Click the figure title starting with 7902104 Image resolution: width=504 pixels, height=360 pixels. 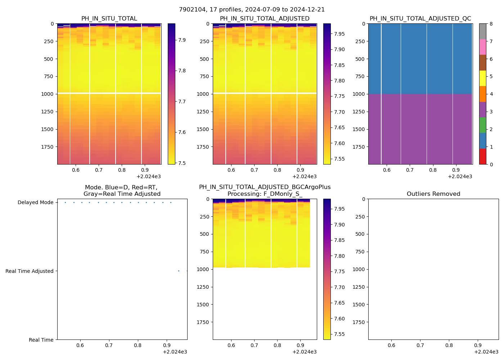252,10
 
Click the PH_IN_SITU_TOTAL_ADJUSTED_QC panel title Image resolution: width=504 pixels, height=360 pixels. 420,19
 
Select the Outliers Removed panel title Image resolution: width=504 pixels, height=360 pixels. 433,194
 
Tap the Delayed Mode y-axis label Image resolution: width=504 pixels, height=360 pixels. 35,203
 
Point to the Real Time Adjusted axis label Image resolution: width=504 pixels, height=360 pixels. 29,271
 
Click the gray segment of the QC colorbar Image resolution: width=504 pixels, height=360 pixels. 482,31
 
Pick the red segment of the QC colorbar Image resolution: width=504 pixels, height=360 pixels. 482,157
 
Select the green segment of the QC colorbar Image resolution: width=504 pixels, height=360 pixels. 482,125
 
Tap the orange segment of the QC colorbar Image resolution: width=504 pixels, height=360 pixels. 482,94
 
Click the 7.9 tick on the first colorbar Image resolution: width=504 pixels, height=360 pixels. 182,40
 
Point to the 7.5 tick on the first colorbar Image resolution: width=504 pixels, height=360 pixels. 182,163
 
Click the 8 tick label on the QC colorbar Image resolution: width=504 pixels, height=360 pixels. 491,24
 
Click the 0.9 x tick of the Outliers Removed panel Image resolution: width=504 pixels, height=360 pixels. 478,346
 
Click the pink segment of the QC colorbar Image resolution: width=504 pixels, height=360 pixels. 482,47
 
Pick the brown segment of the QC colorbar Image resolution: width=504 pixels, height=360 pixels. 482,63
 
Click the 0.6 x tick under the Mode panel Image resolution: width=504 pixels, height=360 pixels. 80,346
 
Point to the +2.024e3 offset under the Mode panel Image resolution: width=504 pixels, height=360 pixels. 175,352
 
